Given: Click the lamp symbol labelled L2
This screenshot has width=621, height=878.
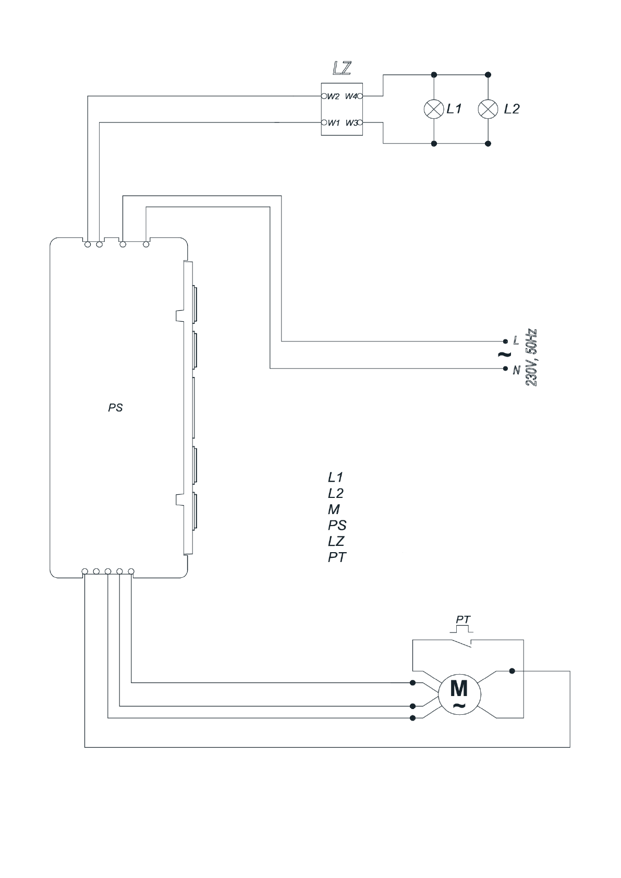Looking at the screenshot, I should click(488, 109).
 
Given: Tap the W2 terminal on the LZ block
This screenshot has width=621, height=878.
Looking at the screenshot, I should click(324, 96).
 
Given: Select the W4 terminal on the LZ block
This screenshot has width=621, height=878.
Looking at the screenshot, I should click(360, 96).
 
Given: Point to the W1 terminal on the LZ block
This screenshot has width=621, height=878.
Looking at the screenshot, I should click(324, 123).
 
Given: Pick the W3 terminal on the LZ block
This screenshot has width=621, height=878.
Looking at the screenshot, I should click(360, 123).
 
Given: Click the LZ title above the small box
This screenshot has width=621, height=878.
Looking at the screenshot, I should click(342, 68).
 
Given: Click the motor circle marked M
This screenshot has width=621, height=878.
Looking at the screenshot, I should click(459, 693).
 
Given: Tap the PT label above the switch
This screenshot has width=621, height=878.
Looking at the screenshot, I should click(463, 620).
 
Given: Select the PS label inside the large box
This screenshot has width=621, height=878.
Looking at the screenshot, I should click(115, 408).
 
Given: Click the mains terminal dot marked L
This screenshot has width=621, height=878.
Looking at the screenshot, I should click(505, 342).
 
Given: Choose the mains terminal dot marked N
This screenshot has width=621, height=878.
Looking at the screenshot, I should click(505, 369).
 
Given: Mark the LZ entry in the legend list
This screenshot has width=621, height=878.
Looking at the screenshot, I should click(336, 541).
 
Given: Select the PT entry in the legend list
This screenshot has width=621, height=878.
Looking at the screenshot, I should click(336, 557).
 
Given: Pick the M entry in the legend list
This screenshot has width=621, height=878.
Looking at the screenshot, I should click(334, 509).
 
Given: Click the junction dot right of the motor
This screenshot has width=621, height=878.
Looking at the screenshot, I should click(512, 671).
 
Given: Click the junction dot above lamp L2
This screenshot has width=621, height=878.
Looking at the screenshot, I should click(488, 75).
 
